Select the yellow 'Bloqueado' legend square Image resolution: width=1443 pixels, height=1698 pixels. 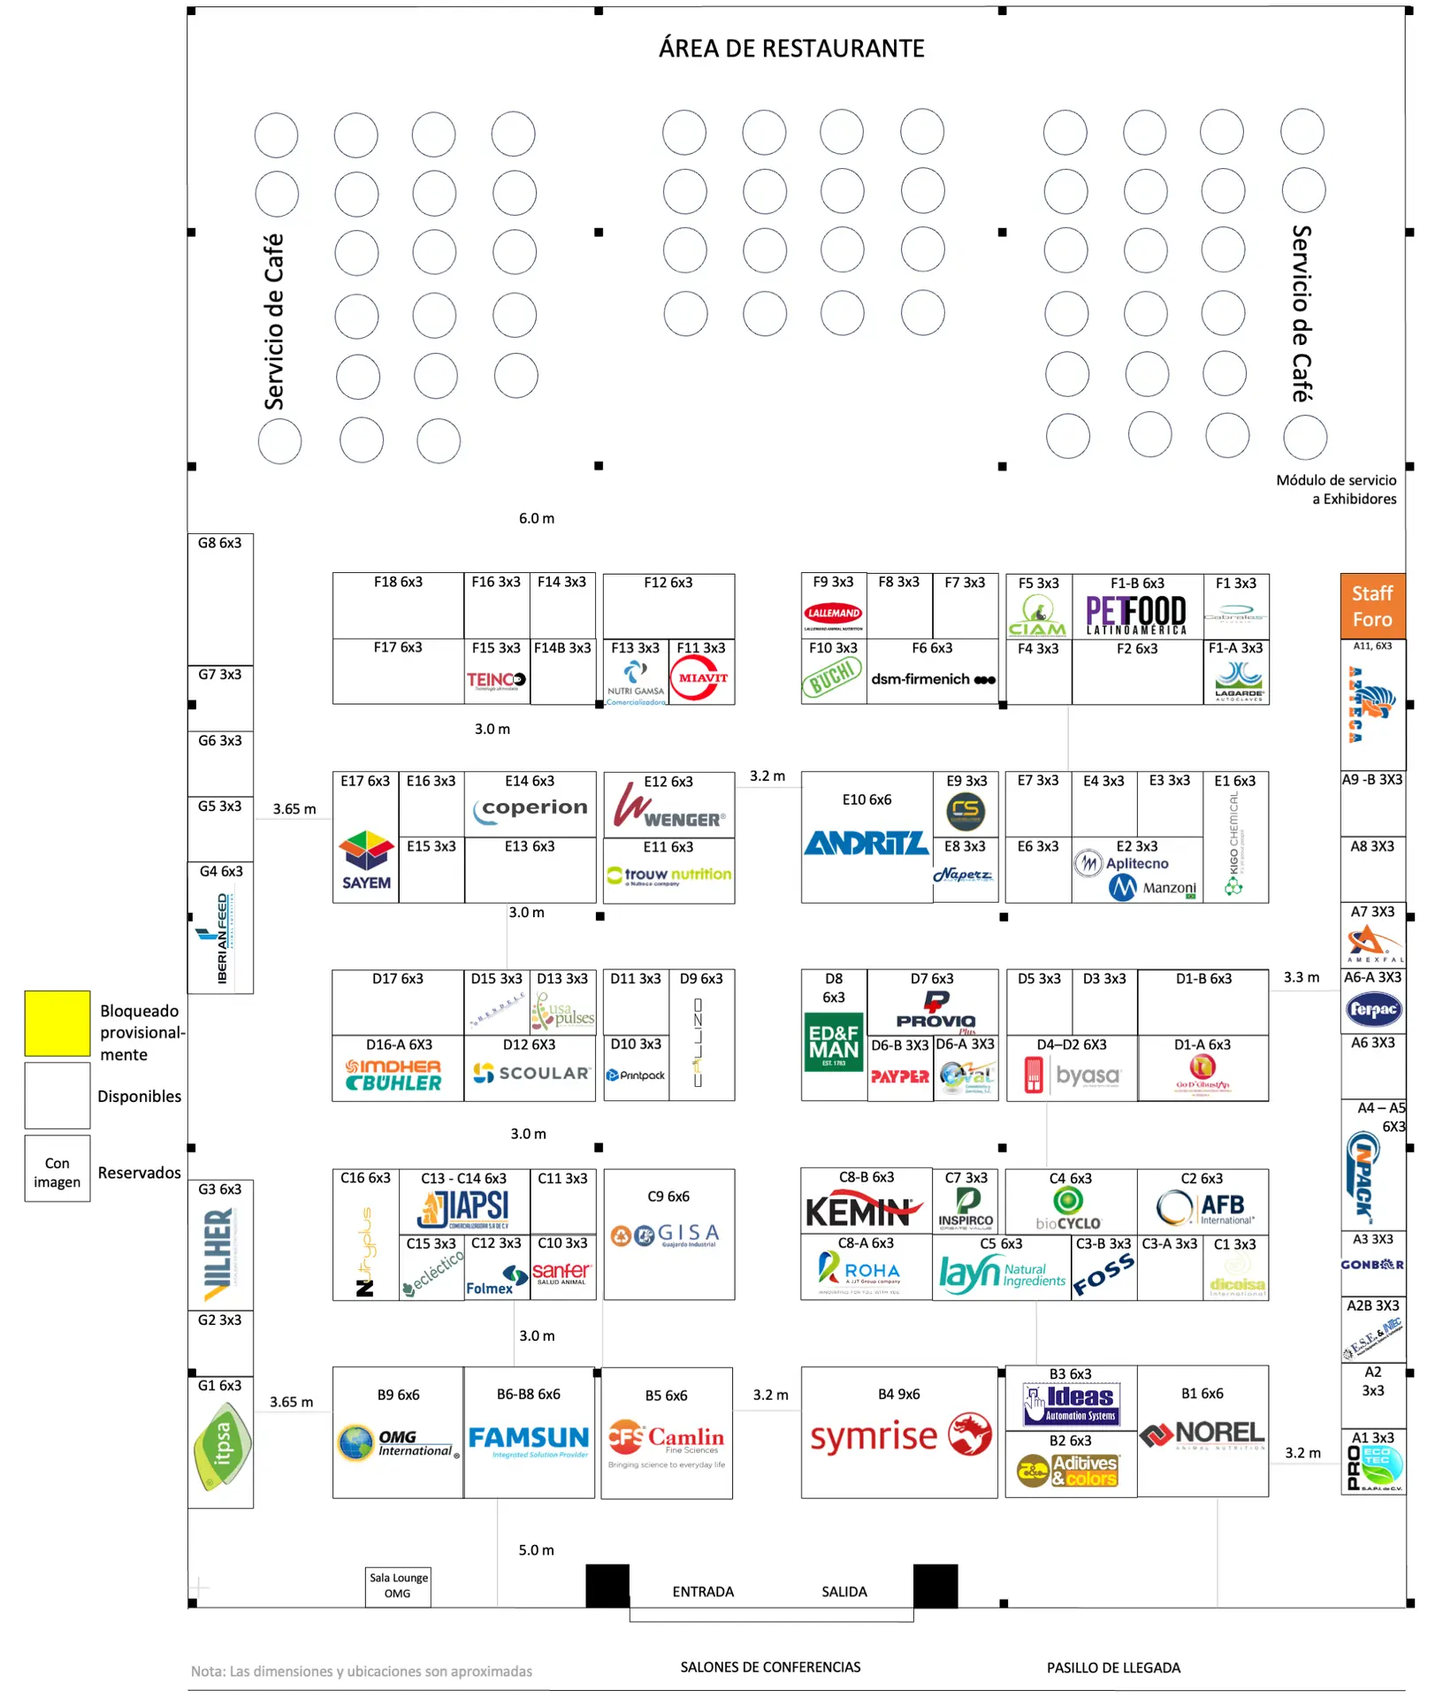57,1023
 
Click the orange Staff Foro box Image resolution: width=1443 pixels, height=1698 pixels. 1372,607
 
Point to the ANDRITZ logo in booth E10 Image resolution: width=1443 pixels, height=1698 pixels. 866,844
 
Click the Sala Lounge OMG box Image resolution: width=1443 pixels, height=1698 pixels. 398,1586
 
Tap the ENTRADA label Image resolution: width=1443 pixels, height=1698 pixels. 703,1592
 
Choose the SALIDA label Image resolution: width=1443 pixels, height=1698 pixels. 844,1592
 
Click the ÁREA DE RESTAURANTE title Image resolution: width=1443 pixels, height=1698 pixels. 791,49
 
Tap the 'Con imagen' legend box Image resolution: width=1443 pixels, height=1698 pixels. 57,1173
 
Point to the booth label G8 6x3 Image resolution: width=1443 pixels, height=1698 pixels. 219,543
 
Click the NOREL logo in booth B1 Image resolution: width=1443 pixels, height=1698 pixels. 1202,1434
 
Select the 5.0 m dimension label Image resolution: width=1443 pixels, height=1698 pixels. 536,1550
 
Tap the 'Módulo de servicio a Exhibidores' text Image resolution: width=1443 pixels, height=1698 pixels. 1336,489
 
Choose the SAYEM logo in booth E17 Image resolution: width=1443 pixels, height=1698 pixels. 366,860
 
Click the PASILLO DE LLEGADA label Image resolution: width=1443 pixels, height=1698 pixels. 1113,1668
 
